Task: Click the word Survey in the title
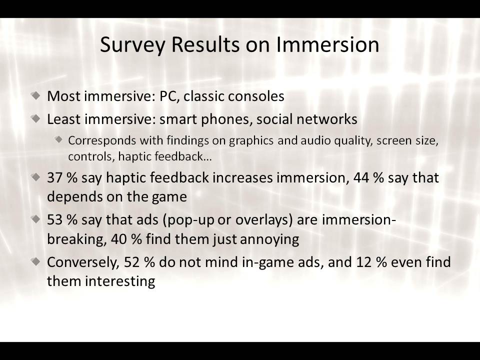tap(132, 45)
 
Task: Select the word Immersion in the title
tap(327, 44)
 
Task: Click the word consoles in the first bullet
tap(256, 96)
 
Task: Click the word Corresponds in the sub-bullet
tap(102, 141)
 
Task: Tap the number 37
tap(55, 178)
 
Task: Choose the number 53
tap(55, 220)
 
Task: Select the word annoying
tap(269, 239)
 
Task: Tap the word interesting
tap(120, 281)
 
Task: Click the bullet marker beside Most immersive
tap(36, 95)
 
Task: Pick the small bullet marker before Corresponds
tap(59, 140)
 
